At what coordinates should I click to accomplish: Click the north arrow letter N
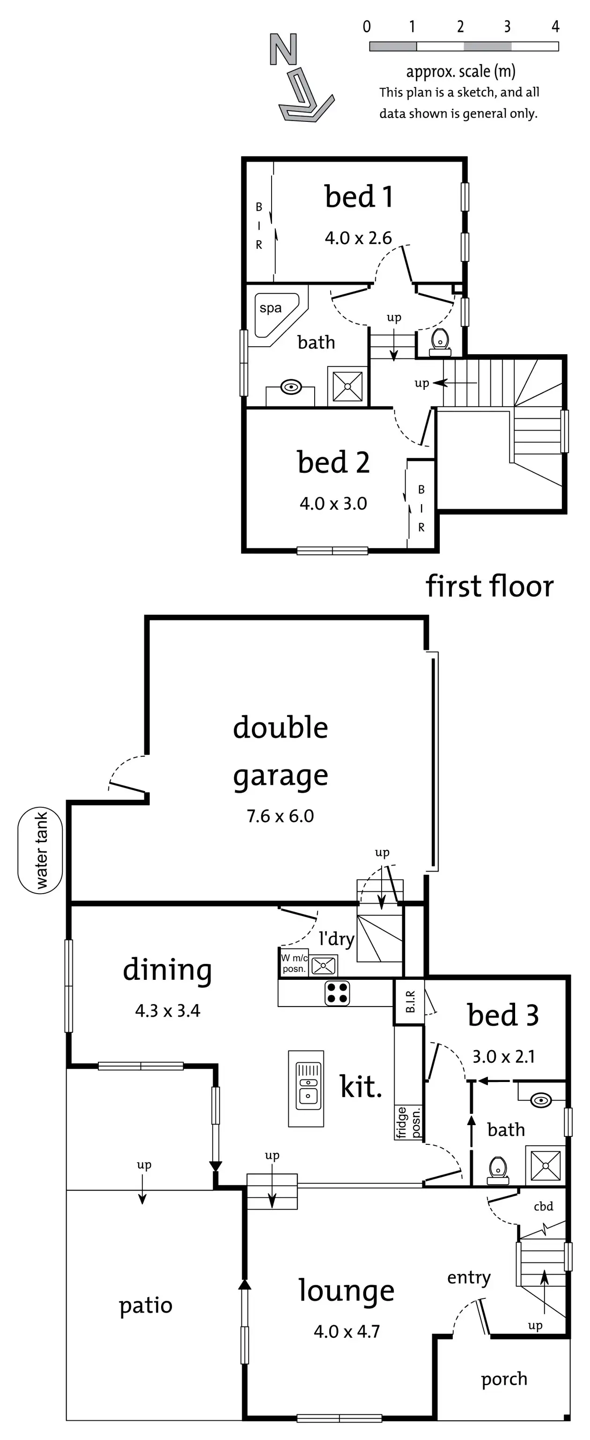283,49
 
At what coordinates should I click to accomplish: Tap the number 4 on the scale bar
555,27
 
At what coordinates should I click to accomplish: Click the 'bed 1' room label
359,197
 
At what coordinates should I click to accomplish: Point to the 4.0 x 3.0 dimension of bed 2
333,504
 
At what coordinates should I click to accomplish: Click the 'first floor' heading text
489,586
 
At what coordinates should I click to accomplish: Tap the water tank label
41,850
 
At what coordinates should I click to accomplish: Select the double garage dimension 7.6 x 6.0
280,816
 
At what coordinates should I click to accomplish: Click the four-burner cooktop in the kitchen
338,993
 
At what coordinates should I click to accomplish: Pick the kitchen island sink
307,1087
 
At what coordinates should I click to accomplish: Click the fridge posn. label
408,1122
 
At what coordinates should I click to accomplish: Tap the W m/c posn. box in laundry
293,963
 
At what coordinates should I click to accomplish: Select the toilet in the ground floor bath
497,1170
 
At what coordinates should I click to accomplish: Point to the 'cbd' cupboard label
543,1206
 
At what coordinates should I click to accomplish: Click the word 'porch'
504,1379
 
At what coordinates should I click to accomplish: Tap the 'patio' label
146,1306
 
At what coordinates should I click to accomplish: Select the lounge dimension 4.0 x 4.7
347,1332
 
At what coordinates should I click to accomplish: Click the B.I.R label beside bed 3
410,1002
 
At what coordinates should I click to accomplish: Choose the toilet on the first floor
440,342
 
